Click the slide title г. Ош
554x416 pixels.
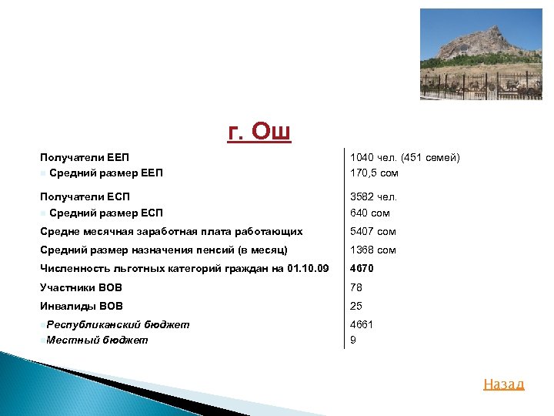[x=259, y=133]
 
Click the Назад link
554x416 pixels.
[x=503, y=384]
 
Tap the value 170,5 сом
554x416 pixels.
[x=374, y=173]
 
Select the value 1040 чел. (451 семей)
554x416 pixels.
[x=405, y=157]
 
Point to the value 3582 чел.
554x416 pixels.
[x=373, y=197]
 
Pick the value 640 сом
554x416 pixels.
[x=370, y=213]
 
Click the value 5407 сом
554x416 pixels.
[x=373, y=231]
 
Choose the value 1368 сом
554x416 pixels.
[x=373, y=250]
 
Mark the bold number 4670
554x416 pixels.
[x=362, y=268]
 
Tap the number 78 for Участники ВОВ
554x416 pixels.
[x=356, y=287]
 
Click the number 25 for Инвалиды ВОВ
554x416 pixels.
[x=356, y=306]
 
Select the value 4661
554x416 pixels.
[x=362, y=324]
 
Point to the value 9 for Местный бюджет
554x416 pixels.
[x=353, y=339]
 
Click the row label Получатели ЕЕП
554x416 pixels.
[x=85, y=157]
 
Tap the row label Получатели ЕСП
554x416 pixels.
[x=85, y=197]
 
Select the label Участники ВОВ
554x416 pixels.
[x=81, y=287]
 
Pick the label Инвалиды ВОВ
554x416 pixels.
[x=81, y=306]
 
